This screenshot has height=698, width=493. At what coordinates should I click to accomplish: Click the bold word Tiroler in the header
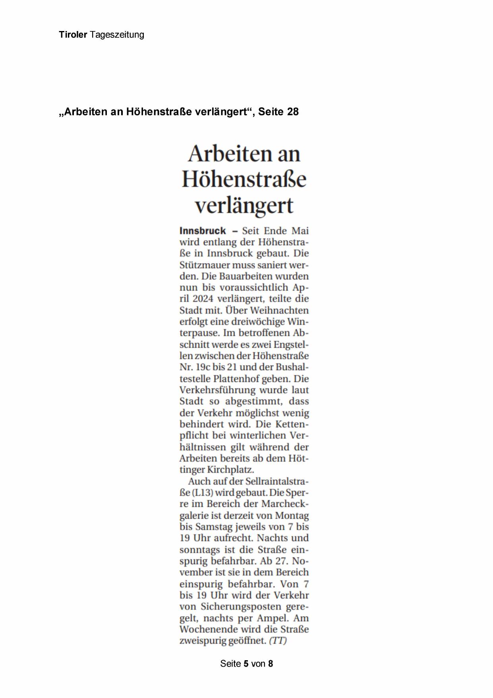(73, 35)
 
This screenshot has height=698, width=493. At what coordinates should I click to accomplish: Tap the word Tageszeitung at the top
(117, 35)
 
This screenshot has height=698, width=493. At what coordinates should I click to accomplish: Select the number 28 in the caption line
(292, 112)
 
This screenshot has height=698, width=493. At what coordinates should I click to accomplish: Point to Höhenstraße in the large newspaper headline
(244, 179)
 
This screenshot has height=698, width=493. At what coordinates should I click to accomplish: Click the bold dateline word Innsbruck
(203, 231)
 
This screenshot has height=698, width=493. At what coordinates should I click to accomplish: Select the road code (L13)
(203, 492)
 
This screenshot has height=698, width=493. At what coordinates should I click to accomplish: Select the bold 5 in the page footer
(246, 664)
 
